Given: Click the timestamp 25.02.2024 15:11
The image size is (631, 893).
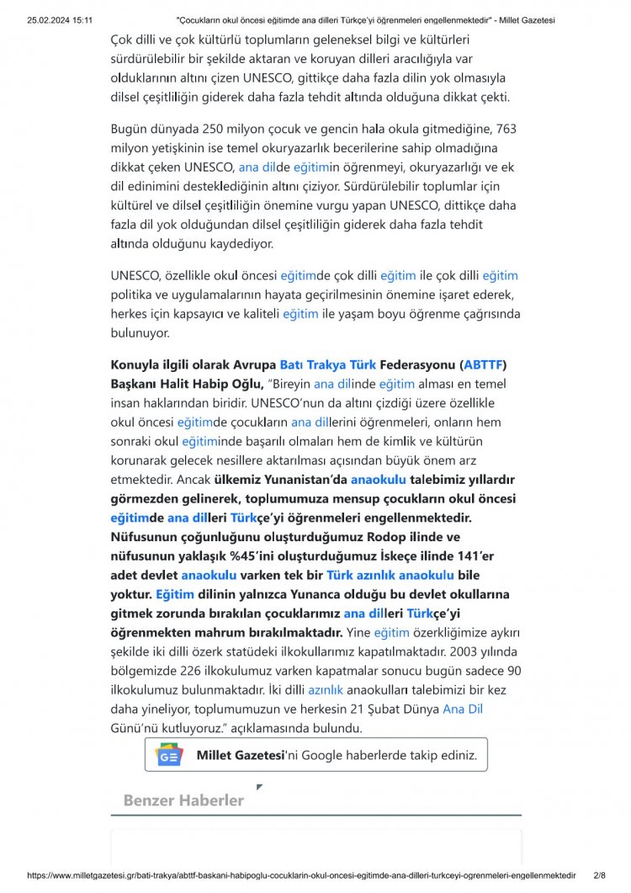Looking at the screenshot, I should pyautogui.click(x=60, y=19).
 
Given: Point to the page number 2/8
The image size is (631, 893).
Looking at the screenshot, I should pyautogui.click(x=599, y=875).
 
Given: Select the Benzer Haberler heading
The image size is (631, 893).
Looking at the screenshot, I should pyautogui.click(x=183, y=800).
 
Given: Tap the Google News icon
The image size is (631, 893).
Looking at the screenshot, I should pyautogui.click(x=169, y=756).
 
